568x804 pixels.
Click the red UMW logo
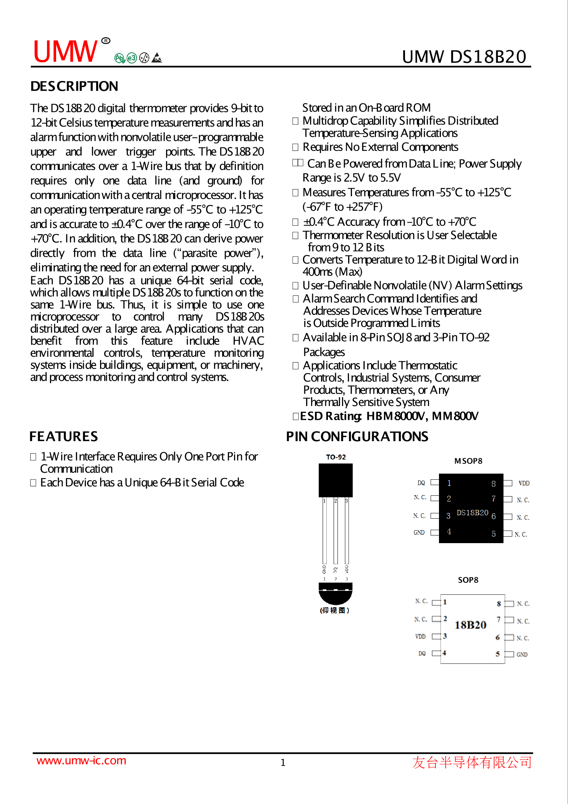[66, 52]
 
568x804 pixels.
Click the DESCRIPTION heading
[74, 86]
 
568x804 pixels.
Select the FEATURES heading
[64, 437]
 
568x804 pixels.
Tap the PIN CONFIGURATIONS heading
[357, 437]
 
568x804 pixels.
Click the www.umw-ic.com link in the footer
[81, 760]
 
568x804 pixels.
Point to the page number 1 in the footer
[283, 763]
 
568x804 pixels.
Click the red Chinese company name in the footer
[472, 762]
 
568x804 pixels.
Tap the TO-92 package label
[336, 457]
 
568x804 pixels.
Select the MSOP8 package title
[468, 461]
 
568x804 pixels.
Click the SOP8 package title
[468, 580]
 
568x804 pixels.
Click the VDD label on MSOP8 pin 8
[524, 483]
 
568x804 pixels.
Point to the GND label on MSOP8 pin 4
[419, 532]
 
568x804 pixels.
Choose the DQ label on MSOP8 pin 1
[421, 483]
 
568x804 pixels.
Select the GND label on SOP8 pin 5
[522, 654]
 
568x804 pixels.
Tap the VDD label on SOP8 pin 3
[420, 636]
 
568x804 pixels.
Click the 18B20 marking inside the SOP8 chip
[470, 625]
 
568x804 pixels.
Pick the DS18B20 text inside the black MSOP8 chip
[472, 513]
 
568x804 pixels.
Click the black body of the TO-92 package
[336, 480]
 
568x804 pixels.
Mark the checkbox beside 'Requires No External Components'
[295, 147]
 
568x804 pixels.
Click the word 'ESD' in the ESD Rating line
[311, 416]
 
